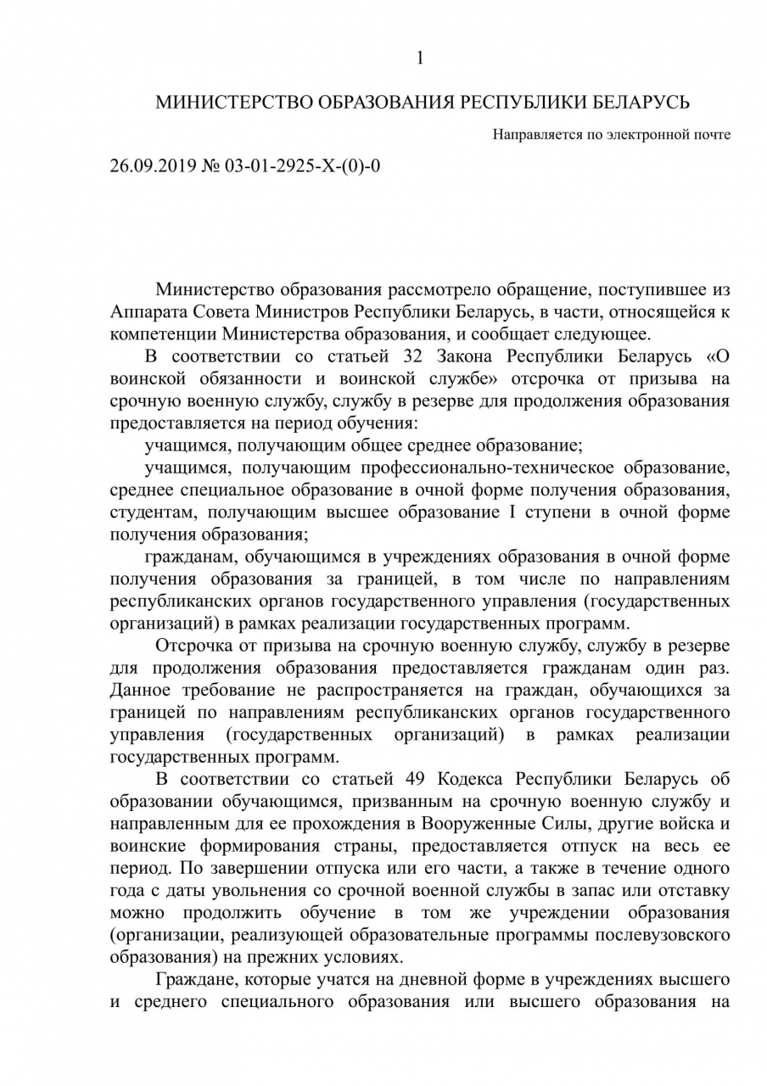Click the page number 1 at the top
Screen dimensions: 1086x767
point(419,58)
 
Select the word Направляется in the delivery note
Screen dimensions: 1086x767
point(530,134)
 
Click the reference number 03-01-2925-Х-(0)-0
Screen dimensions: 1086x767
point(302,165)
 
